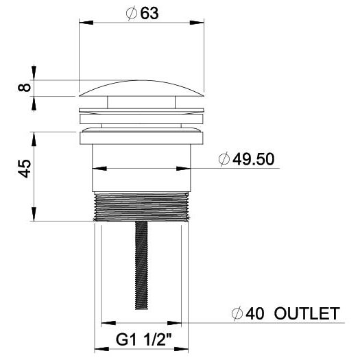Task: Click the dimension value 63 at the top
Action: (150, 14)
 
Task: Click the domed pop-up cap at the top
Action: (143, 87)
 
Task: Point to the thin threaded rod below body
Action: (143, 267)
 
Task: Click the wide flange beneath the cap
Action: (143, 136)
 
